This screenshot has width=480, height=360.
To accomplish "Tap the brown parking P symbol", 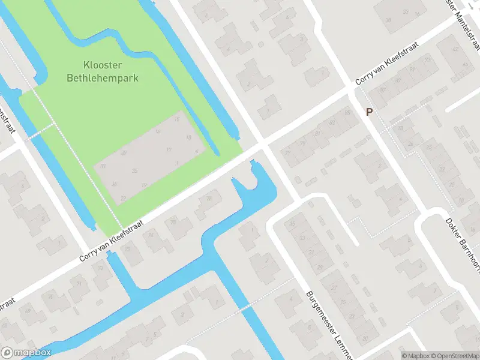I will tap(369, 112).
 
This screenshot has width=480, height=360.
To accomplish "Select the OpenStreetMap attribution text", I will tap(455, 356).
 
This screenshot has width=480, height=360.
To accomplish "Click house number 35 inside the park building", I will tap(136, 171).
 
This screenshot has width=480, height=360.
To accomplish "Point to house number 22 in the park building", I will tap(123, 197).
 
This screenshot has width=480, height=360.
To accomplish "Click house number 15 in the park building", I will tap(176, 119).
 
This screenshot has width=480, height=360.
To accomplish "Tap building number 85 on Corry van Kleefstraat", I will tap(347, 112).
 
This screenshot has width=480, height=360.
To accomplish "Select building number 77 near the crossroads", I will tap(287, 152).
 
